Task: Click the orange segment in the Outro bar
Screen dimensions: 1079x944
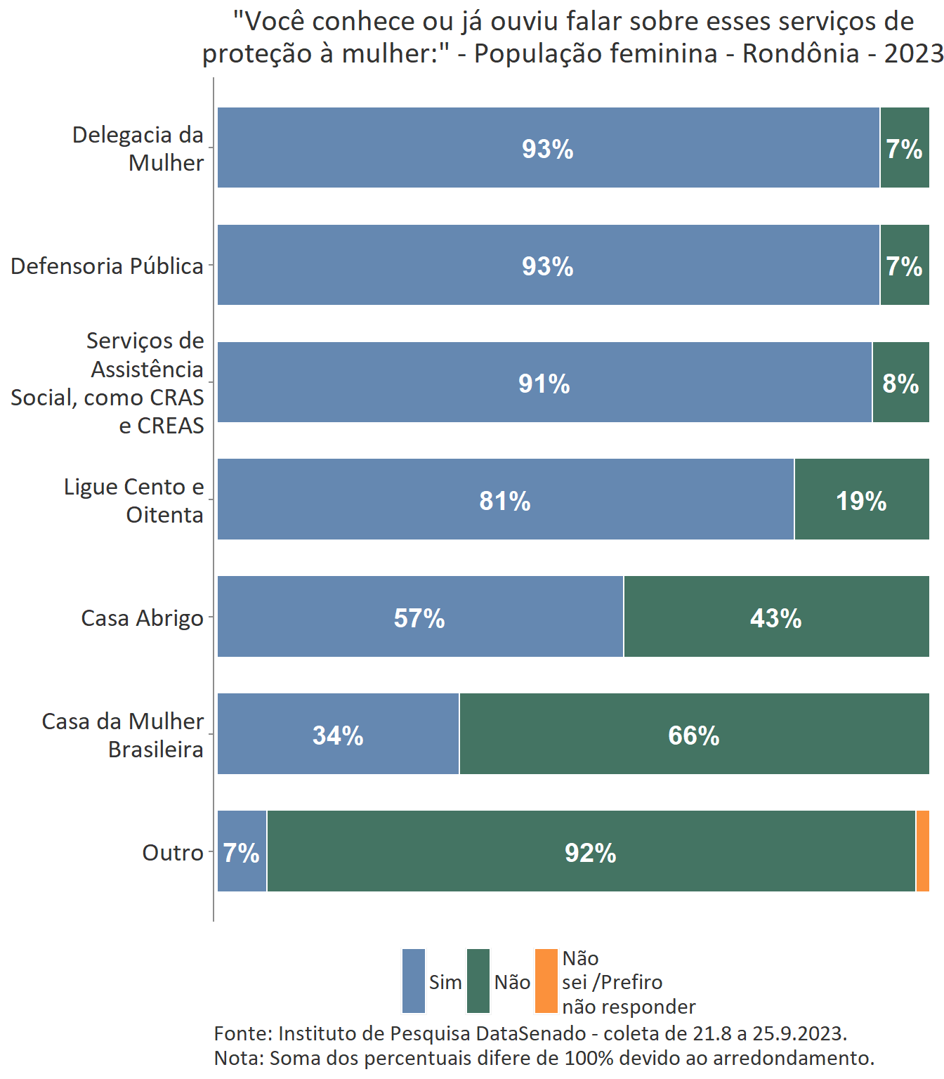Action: point(923,851)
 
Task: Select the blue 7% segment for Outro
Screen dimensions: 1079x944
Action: point(242,851)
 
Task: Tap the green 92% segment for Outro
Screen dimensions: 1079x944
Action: point(591,851)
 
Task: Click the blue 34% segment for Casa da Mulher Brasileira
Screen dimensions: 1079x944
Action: point(338,733)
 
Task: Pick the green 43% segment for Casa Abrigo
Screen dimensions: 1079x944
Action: point(776,616)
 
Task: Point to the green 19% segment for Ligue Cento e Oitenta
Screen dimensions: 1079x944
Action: point(862,499)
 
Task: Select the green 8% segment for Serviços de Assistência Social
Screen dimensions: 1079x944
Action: point(900,382)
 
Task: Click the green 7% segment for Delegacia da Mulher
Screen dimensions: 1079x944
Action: point(905,148)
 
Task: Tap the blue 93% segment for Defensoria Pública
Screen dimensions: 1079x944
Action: point(548,265)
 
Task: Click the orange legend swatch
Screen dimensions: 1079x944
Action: point(546,981)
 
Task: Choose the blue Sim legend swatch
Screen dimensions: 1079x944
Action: point(414,981)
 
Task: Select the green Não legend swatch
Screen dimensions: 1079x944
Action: point(478,981)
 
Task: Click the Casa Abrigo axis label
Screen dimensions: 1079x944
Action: point(142,618)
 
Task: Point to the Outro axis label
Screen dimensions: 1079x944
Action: point(173,853)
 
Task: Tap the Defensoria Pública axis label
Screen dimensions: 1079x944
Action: point(107,266)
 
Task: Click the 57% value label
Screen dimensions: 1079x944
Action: point(419,618)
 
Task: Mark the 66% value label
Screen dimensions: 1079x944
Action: point(694,735)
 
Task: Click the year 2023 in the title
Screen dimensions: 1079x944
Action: point(913,53)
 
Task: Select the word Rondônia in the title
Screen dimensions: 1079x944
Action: point(801,53)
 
